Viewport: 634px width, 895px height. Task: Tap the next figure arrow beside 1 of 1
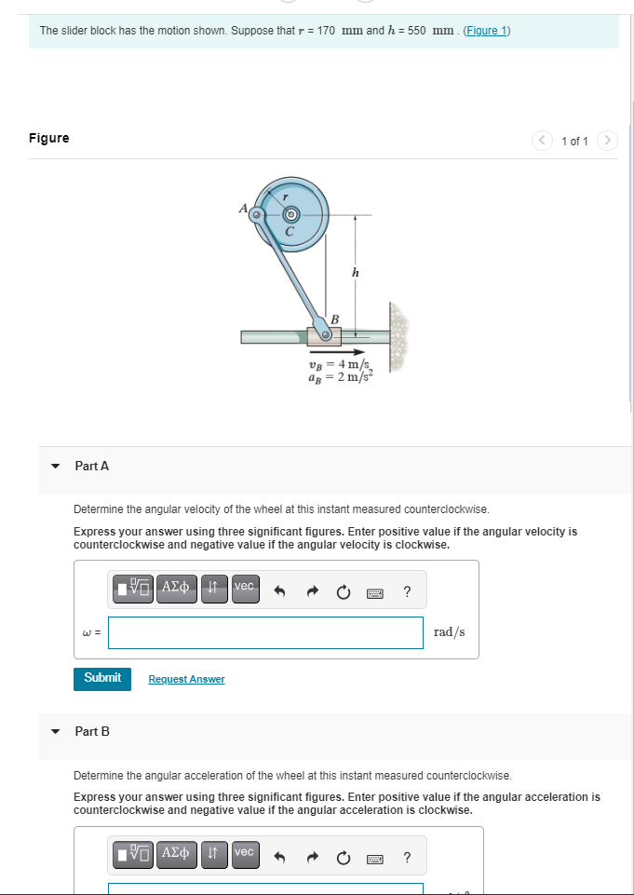click(x=607, y=141)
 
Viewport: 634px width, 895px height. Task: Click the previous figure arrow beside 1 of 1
click(x=543, y=141)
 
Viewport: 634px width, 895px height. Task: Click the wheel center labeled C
click(x=290, y=213)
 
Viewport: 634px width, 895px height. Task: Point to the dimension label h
click(x=354, y=273)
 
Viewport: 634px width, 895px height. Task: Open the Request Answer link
click(x=186, y=679)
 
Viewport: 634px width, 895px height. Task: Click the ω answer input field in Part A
click(x=265, y=632)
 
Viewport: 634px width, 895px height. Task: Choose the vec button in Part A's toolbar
click(x=244, y=587)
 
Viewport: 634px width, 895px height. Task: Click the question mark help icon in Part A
click(x=407, y=591)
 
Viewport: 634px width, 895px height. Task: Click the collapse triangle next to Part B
click(x=55, y=731)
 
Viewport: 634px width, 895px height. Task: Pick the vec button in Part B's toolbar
click(x=244, y=852)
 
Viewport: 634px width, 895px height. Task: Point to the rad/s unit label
click(x=450, y=632)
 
